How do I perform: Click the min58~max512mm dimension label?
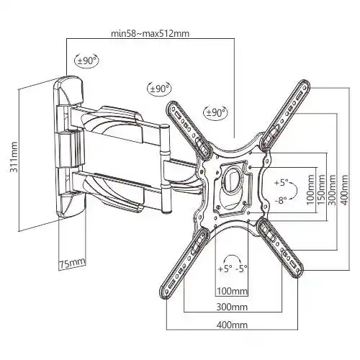tap(150, 33)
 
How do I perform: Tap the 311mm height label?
tap(14, 157)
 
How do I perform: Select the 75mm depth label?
tap(72, 263)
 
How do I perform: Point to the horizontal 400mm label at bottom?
tap(232, 325)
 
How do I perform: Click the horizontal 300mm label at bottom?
tap(232, 307)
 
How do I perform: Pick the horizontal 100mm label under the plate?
tap(232, 291)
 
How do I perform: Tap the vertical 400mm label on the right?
tap(344, 189)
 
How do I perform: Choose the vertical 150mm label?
tap(321, 189)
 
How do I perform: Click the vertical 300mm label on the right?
tap(332, 189)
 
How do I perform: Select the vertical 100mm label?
tap(310, 189)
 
